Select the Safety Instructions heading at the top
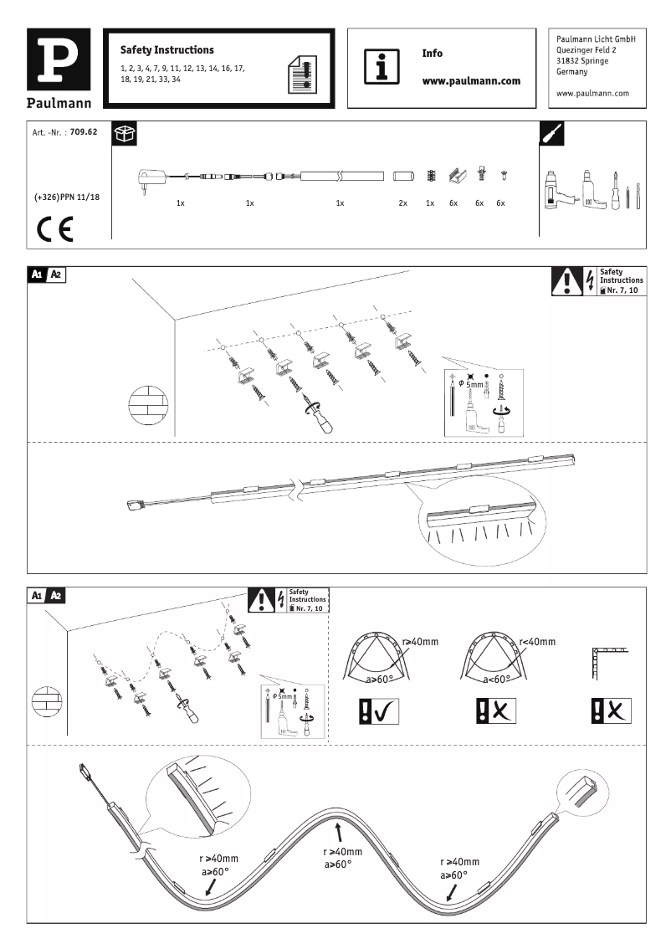coord(167,50)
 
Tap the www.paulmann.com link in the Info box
coord(472,81)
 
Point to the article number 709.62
coord(84,132)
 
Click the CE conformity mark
coord(54,228)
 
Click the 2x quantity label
coord(402,203)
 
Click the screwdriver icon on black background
coord(553,134)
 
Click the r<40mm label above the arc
coord(536,642)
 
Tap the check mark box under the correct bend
coord(378,710)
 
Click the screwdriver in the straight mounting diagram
coord(319,417)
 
